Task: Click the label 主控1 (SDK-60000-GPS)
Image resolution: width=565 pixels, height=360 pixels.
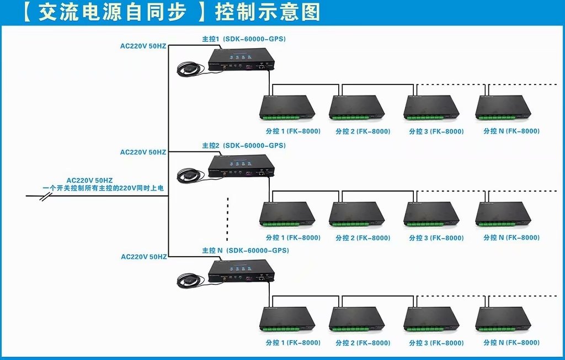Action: (243, 39)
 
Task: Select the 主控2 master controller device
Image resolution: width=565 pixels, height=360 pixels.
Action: (241, 166)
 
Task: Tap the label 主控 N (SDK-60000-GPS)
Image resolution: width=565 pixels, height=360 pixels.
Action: (246, 250)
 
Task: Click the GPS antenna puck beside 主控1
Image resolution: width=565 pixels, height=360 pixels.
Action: (188, 69)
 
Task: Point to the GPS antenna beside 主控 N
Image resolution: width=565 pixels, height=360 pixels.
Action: (188, 280)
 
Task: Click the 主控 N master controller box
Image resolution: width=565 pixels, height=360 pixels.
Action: (241, 271)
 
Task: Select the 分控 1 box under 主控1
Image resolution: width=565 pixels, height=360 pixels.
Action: (287, 107)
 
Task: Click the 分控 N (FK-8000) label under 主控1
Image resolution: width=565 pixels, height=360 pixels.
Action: (511, 131)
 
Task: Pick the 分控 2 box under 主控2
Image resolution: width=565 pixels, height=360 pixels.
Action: (357, 214)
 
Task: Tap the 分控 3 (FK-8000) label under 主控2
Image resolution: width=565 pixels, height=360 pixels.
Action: (436, 238)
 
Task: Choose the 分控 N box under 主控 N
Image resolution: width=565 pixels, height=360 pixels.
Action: (503, 319)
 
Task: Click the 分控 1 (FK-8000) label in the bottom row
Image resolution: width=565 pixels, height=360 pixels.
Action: (293, 343)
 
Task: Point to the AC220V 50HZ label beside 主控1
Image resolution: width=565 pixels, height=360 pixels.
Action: (143, 46)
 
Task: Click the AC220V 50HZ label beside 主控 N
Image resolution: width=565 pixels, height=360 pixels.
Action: (144, 257)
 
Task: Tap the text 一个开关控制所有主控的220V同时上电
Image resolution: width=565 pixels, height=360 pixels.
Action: (103, 188)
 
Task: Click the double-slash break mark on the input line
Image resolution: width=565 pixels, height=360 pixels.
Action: (46, 197)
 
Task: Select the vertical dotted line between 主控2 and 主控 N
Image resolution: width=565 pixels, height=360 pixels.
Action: (227, 219)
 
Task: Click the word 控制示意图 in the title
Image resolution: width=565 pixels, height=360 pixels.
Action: (268, 12)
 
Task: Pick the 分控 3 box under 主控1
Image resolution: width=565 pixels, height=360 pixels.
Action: (431, 107)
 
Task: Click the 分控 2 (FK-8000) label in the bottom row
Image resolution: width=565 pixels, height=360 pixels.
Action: (363, 343)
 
